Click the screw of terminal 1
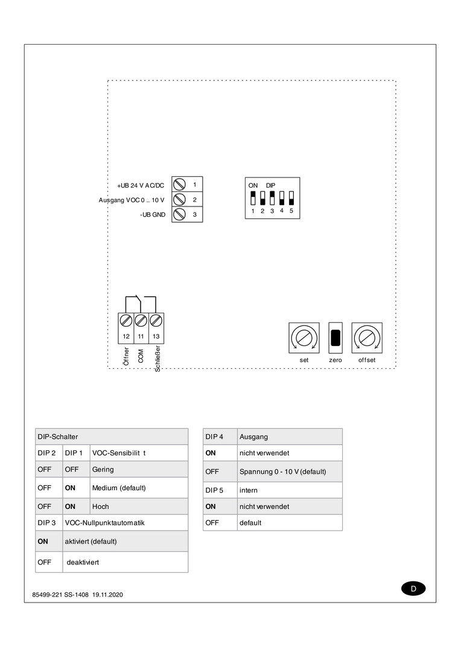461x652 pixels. [x=179, y=184]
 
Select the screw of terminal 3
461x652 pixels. [x=179, y=214]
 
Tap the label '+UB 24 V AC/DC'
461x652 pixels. [x=141, y=185]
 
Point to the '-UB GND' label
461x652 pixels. [x=152, y=215]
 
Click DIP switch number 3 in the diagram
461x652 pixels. [x=272, y=197]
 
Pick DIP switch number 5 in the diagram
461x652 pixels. [x=291, y=197]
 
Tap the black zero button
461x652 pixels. [x=335, y=337]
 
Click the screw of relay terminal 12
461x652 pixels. [x=126, y=320]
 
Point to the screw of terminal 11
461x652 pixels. [x=141, y=320]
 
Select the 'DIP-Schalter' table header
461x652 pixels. [x=58, y=436]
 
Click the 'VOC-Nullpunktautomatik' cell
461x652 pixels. [x=104, y=522]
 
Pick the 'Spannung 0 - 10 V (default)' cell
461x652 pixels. [x=282, y=471]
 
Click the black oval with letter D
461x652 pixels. [x=413, y=589]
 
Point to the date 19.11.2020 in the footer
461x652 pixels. [x=108, y=595]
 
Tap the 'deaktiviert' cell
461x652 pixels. [x=83, y=562]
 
